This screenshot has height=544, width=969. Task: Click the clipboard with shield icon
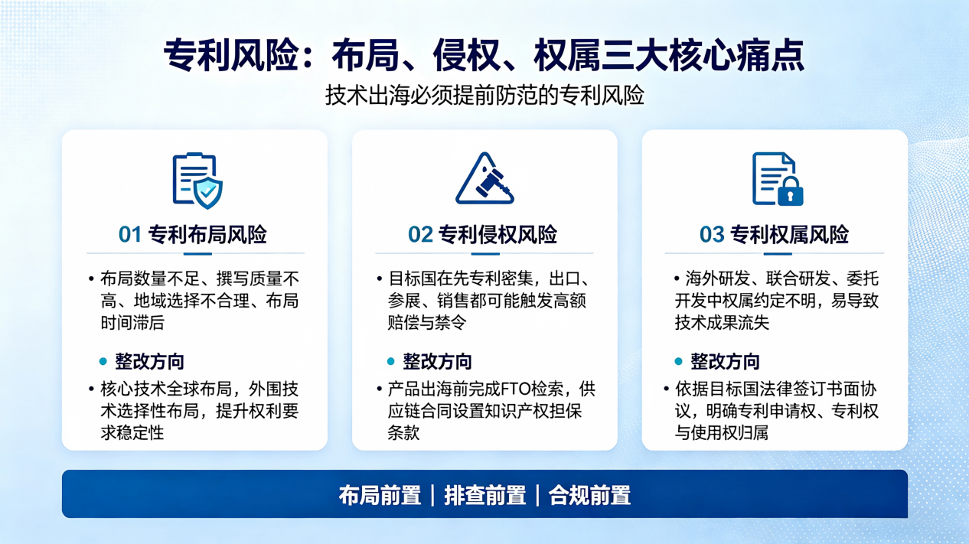tap(197, 181)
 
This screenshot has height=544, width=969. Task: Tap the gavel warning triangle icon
tap(484, 178)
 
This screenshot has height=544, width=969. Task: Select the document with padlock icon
tap(778, 179)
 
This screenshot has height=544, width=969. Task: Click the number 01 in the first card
tap(130, 234)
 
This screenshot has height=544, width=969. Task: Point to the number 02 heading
tap(420, 234)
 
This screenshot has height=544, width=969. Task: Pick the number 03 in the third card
tap(712, 234)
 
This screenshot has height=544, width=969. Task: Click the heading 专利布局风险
tap(207, 234)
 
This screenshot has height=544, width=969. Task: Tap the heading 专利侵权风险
tap(498, 234)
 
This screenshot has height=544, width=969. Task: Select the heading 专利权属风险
tap(789, 234)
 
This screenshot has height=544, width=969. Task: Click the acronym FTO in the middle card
tap(516, 389)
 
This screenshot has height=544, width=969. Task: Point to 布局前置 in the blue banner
tap(380, 495)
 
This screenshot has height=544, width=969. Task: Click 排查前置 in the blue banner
tap(485, 495)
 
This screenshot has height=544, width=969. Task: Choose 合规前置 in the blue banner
tap(589, 495)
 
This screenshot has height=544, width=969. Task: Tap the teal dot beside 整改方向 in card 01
tap(103, 361)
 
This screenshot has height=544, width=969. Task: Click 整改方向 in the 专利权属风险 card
tap(725, 361)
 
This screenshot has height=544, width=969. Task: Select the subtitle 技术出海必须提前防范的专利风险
tap(484, 95)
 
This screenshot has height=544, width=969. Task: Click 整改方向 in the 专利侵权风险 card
tap(437, 361)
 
